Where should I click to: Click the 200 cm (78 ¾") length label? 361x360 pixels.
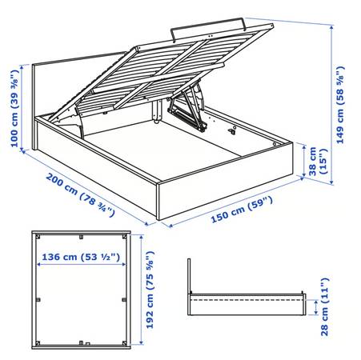pyautogui.click(x=80, y=194)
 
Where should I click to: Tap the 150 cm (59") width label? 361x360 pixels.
pyautogui.click(x=242, y=210)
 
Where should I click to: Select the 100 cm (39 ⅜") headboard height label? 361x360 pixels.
pyautogui.click(x=14, y=108)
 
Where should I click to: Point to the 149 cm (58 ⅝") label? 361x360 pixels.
pyautogui.click(x=340, y=105)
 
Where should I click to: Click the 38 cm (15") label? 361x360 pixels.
pyautogui.click(x=318, y=161)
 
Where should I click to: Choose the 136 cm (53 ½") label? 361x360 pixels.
pyautogui.click(x=81, y=257)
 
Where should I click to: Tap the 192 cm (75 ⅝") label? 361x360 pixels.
pyautogui.click(x=150, y=290)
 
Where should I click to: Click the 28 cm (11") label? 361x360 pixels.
pyautogui.click(x=325, y=306)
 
